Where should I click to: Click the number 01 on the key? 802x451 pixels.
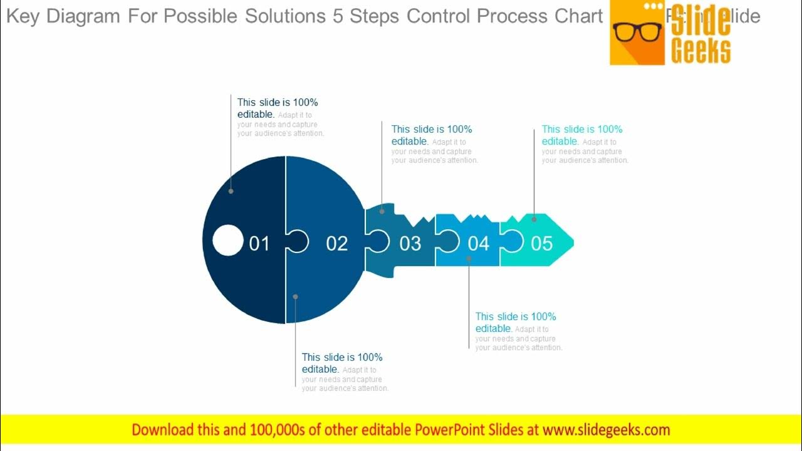point(259,243)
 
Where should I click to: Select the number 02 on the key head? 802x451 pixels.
point(336,243)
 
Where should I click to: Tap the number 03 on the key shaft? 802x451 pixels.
point(410,243)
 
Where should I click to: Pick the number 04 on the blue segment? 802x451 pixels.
point(478,243)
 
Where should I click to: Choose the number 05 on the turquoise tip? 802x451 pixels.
point(542,243)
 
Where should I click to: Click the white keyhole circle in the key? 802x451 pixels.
point(227,241)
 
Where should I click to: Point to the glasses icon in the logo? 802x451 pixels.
point(637,31)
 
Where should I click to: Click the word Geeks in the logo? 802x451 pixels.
point(700,51)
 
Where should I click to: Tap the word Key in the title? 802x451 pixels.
point(23,16)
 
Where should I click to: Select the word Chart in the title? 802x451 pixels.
point(579,16)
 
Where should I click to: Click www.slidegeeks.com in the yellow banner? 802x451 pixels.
point(606,430)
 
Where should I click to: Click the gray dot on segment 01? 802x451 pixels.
point(231,191)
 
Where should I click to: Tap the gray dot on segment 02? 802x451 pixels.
point(295,297)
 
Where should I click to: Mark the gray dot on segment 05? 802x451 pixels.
point(534,219)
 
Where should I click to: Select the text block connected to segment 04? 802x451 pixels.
point(518,331)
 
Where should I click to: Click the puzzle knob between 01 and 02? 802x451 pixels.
point(298,241)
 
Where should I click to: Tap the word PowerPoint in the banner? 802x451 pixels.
point(454,430)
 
